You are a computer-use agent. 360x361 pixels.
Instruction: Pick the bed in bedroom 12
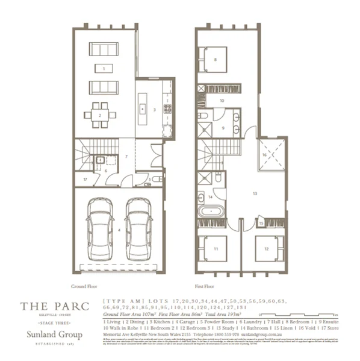[266, 248]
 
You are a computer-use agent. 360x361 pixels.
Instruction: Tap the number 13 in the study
[255, 194]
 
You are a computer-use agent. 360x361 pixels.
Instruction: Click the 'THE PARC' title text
[54, 306]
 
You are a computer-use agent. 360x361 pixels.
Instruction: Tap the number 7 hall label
[126, 157]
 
